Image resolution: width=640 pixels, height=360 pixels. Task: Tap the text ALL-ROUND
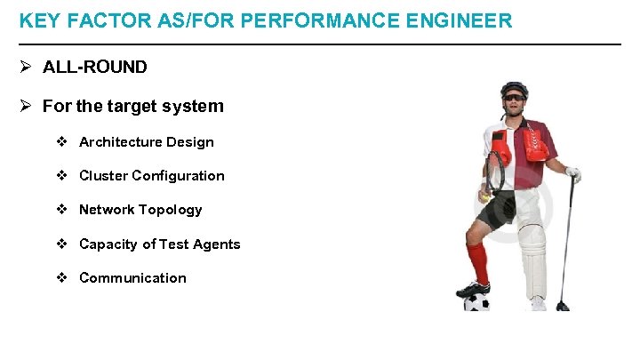click(x=95, y=67)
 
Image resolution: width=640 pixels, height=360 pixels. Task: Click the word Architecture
click(x=120, y=142)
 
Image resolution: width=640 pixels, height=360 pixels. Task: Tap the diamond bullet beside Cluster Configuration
click(x=62, y=176)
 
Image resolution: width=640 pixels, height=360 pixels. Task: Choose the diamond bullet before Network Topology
click(x=62, y=210)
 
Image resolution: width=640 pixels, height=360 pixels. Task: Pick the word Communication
click(x=132, y=277)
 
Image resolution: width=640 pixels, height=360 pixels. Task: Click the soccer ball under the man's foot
click(x=476, y=300)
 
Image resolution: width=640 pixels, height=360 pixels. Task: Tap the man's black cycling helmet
click(x=513, y=88)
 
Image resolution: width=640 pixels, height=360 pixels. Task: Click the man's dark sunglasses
click(x=514, y=98)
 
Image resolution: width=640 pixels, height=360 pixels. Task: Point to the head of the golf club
click(x=562, y=306)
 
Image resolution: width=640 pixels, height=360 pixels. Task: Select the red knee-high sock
click(x=479, y=262)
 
